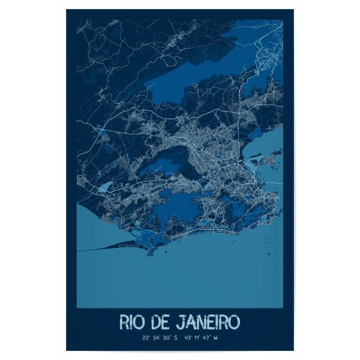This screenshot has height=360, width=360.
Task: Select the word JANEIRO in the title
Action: coord(209,322)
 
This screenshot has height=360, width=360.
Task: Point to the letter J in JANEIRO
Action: coord(183,322)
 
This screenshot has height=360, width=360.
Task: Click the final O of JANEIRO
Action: coord(233,322)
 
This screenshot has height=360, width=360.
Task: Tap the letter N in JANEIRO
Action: coord(202,322)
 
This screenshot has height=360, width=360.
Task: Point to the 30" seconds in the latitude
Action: coord(170,338)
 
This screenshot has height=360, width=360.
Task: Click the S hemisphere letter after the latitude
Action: coord(180,338)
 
